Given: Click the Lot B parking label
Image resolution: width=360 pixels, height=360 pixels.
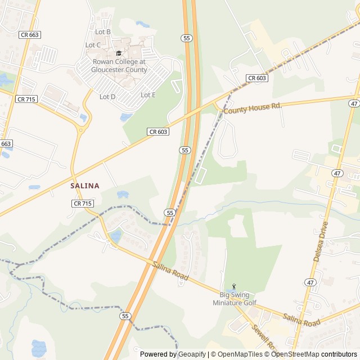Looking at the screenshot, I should tap(103, 32).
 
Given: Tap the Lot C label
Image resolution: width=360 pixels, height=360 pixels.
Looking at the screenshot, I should tap(93, 45).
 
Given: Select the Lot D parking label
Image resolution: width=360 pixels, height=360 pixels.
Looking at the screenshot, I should tap(107, 97).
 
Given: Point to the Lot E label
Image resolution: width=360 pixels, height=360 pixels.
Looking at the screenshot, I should tap(148, 95).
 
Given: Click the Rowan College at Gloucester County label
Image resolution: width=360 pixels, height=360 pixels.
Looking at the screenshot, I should tap(119, 66).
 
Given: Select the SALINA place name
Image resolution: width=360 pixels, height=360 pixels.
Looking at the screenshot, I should tap(85, 186).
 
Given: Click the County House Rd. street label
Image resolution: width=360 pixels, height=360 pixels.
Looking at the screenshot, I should tap(253, 107).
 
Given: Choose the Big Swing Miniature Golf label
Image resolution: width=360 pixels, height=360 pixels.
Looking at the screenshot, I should tap(234, 299).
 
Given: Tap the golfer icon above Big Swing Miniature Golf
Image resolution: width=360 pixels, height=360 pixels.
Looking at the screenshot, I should tap(235, 287).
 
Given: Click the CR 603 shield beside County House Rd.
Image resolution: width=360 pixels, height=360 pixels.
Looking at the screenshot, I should tap(256, 78).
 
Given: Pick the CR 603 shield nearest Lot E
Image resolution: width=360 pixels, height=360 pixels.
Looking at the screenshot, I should tap(158, 132).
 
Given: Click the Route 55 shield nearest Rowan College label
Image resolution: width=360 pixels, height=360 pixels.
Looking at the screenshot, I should tap(186, 38).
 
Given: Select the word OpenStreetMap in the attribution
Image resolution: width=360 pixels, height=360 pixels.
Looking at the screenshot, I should tap(295, 354).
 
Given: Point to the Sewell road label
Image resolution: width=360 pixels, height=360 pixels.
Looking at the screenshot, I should tap(262, 335).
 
